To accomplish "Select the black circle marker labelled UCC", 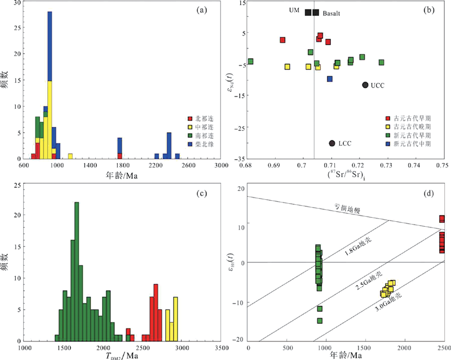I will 365,85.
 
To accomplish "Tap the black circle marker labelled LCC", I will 332,143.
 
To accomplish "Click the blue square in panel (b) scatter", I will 330,79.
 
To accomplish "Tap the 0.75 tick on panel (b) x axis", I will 442,166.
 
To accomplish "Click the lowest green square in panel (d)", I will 320,321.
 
